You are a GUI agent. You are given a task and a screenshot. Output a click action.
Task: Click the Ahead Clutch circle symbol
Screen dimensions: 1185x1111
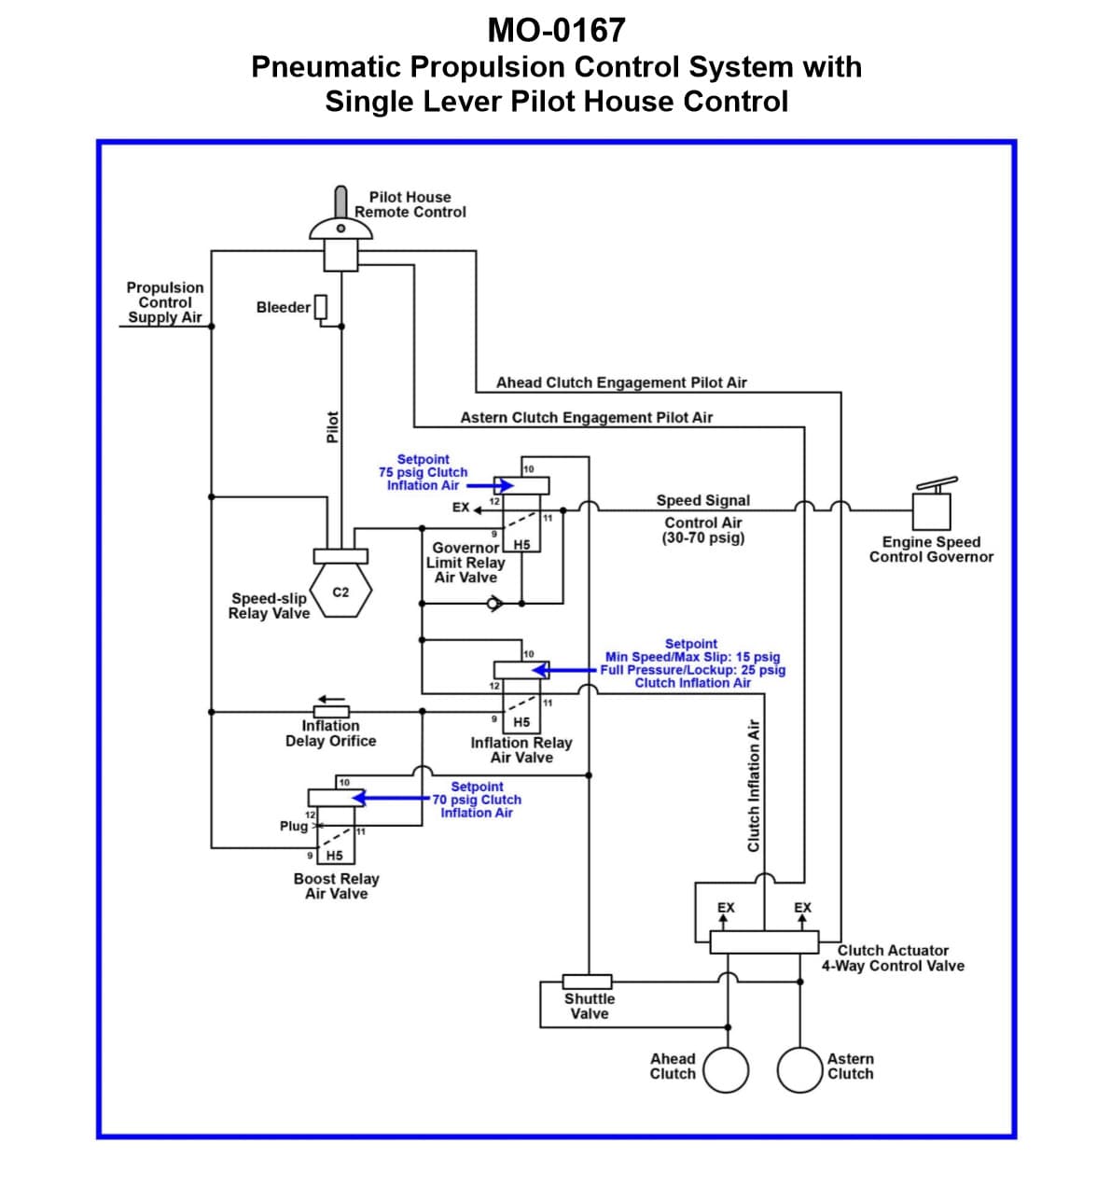[726, 1069]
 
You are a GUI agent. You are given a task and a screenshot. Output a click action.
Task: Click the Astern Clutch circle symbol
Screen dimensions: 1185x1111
[799, 1069]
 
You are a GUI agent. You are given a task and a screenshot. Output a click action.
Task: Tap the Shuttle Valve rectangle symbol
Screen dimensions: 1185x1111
[588, 982]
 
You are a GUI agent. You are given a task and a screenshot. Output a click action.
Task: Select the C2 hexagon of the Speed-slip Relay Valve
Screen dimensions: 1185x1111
[341, 592]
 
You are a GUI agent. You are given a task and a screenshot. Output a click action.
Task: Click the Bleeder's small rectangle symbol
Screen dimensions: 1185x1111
[321, 306]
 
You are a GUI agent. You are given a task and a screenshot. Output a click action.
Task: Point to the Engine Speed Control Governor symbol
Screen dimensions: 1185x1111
[931, 509]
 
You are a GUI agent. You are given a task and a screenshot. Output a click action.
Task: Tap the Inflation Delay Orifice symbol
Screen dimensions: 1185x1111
[330, 711]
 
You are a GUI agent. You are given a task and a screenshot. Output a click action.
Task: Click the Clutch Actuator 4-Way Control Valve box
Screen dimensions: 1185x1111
[764, 941]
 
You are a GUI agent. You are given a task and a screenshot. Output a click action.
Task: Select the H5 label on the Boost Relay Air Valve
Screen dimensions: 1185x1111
[334, 856]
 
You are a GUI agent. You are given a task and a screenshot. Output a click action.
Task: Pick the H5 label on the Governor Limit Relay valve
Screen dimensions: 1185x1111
[521, 545]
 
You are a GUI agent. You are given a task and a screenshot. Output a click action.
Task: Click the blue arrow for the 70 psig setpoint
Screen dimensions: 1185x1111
[391, 799]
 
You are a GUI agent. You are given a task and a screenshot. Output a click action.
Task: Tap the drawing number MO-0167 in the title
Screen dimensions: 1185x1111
[556, 31]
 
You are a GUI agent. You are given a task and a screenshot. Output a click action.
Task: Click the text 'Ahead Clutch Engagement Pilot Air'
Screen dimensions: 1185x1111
[621, 383]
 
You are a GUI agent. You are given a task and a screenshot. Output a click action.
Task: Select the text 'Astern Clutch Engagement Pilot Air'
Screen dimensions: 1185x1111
[586, 418]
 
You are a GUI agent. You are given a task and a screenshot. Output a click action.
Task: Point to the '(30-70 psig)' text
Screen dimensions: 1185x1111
[703, 537]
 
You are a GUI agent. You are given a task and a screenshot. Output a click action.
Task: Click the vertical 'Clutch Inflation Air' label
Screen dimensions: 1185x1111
[754, 785]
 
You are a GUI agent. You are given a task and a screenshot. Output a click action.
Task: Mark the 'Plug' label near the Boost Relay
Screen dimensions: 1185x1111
[293, 826]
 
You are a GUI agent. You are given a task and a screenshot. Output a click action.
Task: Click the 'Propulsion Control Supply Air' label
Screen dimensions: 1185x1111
[165, 302]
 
